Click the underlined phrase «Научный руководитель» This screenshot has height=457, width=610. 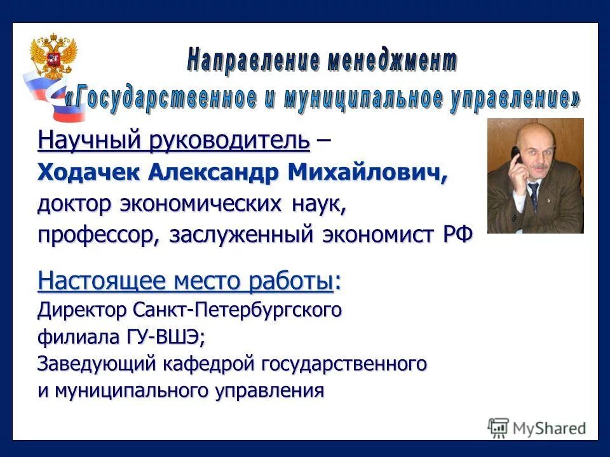(x=173, y=140)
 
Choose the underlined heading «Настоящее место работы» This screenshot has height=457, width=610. (x=185, y=281)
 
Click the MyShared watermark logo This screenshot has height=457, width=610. (x=537, y=427)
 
